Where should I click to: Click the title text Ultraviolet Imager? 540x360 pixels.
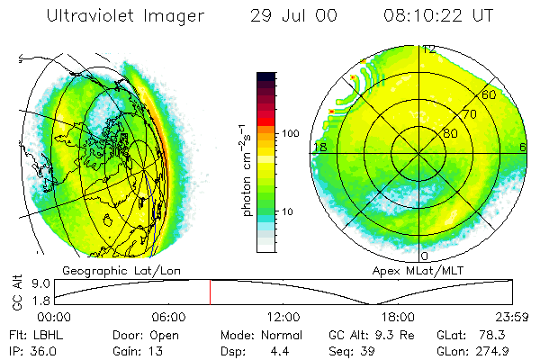pyautogui.click(x=125, y=15)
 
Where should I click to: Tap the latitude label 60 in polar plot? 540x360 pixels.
pyautogui.click(x=489, y=94)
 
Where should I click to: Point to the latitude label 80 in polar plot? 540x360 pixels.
pyautogui.click(x=450, y=131)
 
